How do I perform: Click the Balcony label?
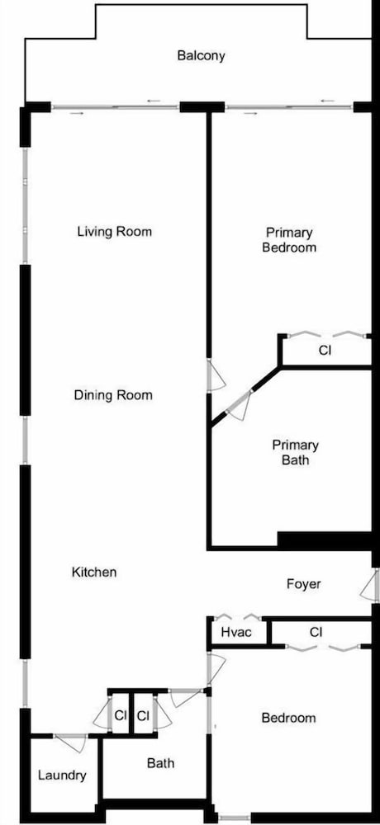[x=201, y=55]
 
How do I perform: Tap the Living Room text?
[x=114, y=232]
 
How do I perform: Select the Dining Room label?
[x=113, y=395]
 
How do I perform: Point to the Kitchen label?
[x=94, y=572]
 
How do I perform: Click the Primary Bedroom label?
[x=289, y=239]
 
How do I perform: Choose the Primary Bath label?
[x=295, y=452]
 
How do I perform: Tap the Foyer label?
[x=303, y=583]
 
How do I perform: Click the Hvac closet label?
[x=236, y=632]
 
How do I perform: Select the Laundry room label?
[x=62, y=775]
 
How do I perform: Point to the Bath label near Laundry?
[x=161, y=762]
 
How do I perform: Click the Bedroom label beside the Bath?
[x=289, y=718]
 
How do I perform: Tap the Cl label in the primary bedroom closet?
[x=325, y=351]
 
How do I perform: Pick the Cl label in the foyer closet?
[x=316, y=632]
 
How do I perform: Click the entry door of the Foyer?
[x=370, y=585]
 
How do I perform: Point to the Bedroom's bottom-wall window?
[x=235, y=818]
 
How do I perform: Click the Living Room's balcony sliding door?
[x=116, y=107]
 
